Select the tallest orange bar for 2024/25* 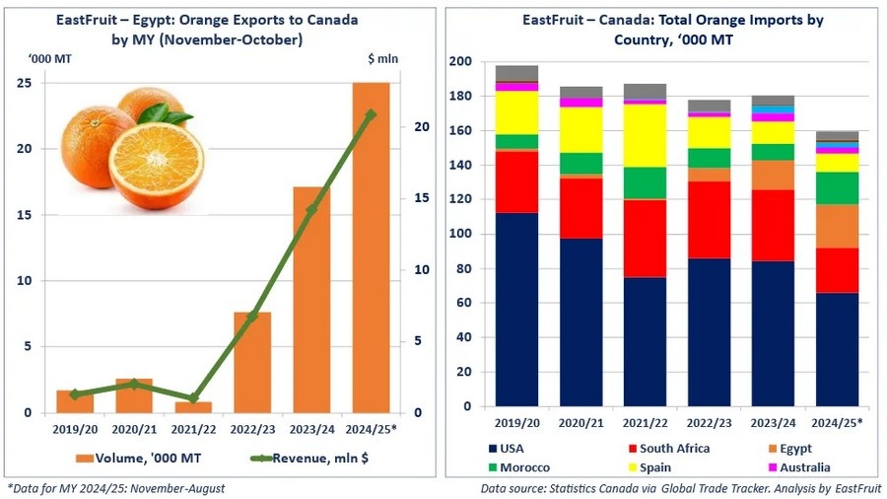[x=371, y=247]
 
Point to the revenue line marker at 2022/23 [x=252, y=316]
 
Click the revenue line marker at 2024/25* [x=371, y=114]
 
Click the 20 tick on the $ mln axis [x=421, y=127]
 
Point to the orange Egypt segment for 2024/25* [x=837, y=226]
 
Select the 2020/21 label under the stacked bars [x=580, y=422]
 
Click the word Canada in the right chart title [x=627, y=20]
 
